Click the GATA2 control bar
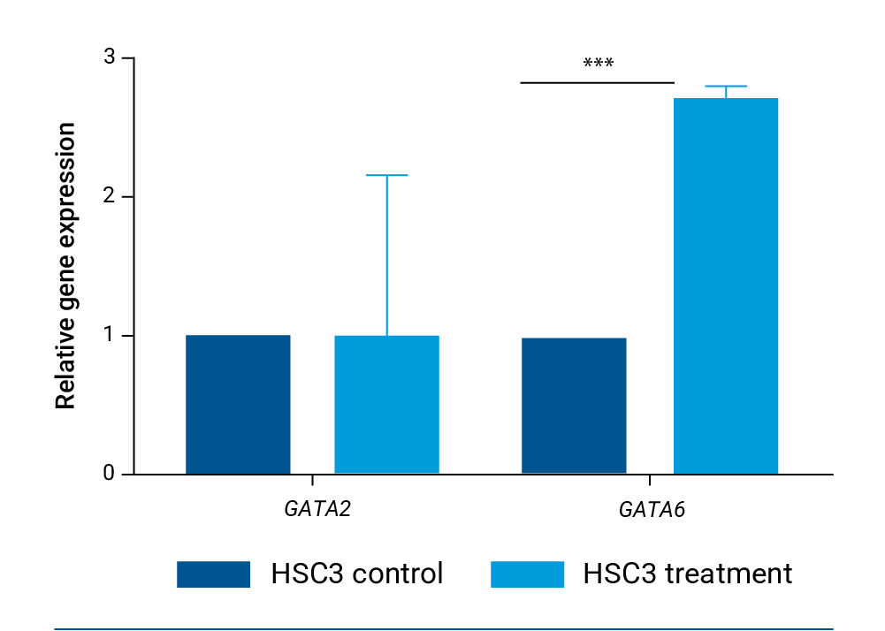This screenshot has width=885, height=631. click(x=238, y=404)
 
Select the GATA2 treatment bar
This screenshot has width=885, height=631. click(x=386, y=404)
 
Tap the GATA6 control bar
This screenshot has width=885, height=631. click(x=574, y=405)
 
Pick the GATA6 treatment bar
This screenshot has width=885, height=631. click(x=726, y=285)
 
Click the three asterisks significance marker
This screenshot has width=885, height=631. click(x=599, y=65)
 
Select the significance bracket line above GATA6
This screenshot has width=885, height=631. click(x=597, y=83)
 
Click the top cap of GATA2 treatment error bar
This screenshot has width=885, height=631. click(x=386, y=176)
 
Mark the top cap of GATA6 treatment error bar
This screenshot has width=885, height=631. click(x=726, y=87)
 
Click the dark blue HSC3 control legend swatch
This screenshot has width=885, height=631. click(x=213, y=574)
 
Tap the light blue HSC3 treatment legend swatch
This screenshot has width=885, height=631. click(x=527, y=574)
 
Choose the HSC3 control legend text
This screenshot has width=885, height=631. click(x=357, y=574)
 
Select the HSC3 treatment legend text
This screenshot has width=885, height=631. click(x=688, y=574)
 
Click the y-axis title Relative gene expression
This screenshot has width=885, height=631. click(x=65, y=266)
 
